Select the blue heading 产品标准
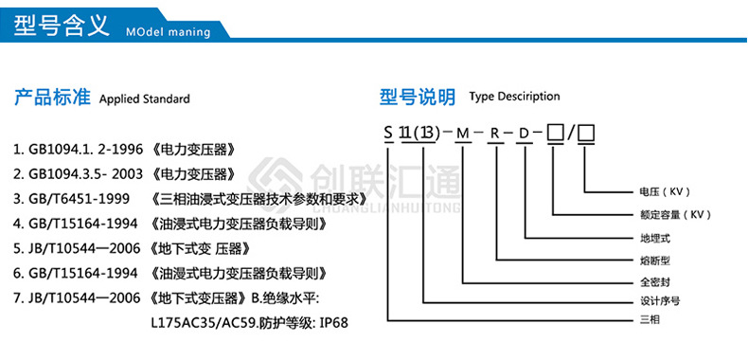tap(52, 98)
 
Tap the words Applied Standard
tap(145, 99)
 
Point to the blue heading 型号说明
tap(418, 97)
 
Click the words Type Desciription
tap(514, 97)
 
